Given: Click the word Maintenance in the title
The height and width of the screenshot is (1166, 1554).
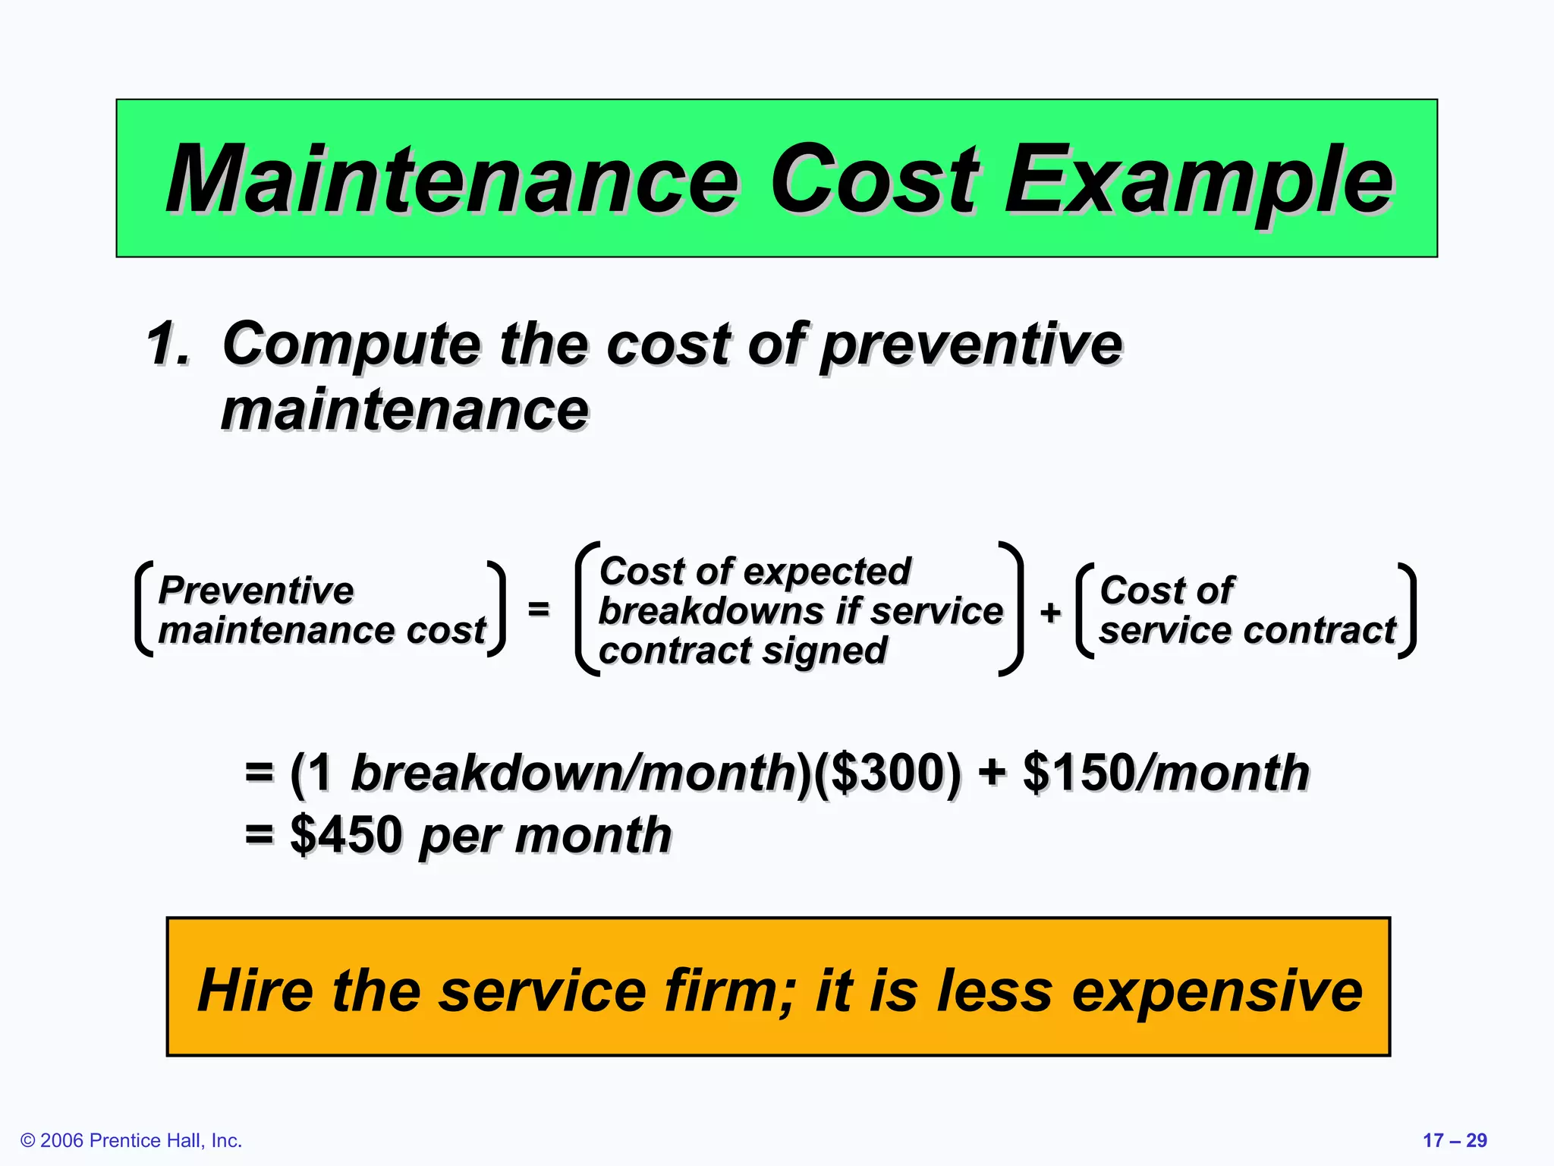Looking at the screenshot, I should [x=452, y=181].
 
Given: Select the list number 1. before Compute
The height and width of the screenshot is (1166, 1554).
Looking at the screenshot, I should [x=168, y=344].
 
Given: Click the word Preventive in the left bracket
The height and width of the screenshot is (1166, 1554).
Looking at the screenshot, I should [x=256, y=591].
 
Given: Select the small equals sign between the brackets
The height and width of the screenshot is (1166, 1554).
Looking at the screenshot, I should [x=538, y=609].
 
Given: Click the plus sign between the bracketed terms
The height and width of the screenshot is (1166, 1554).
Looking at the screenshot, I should [x=1050, y=612].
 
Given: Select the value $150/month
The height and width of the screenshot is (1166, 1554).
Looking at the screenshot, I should [x=1165, y=774].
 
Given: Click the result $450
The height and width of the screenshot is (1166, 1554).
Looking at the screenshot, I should [x=346, y=835].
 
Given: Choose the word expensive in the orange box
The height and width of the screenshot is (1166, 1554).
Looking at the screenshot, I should [x=1217, y=991].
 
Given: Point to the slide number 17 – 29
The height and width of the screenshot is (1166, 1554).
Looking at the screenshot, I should [x=1454, y=1140].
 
